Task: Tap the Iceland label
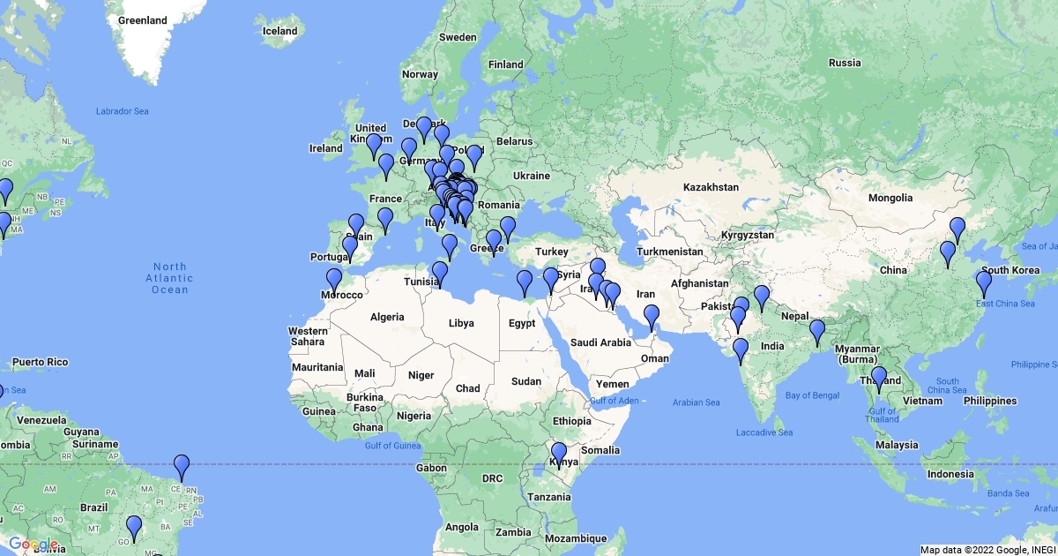point(279,31)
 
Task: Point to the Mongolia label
point(890,198)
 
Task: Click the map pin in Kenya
point(558,454)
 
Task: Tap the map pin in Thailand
point(878,379)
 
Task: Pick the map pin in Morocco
point(333,281)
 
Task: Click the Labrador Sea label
point(123,111)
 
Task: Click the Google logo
point(34,545)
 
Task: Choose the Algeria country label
point(387,317)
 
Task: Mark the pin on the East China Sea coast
point(983,284)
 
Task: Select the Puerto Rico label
point(40,362)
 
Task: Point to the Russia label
point(844,63)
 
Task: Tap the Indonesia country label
point(949,474)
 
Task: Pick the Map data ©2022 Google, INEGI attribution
point(987,550)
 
